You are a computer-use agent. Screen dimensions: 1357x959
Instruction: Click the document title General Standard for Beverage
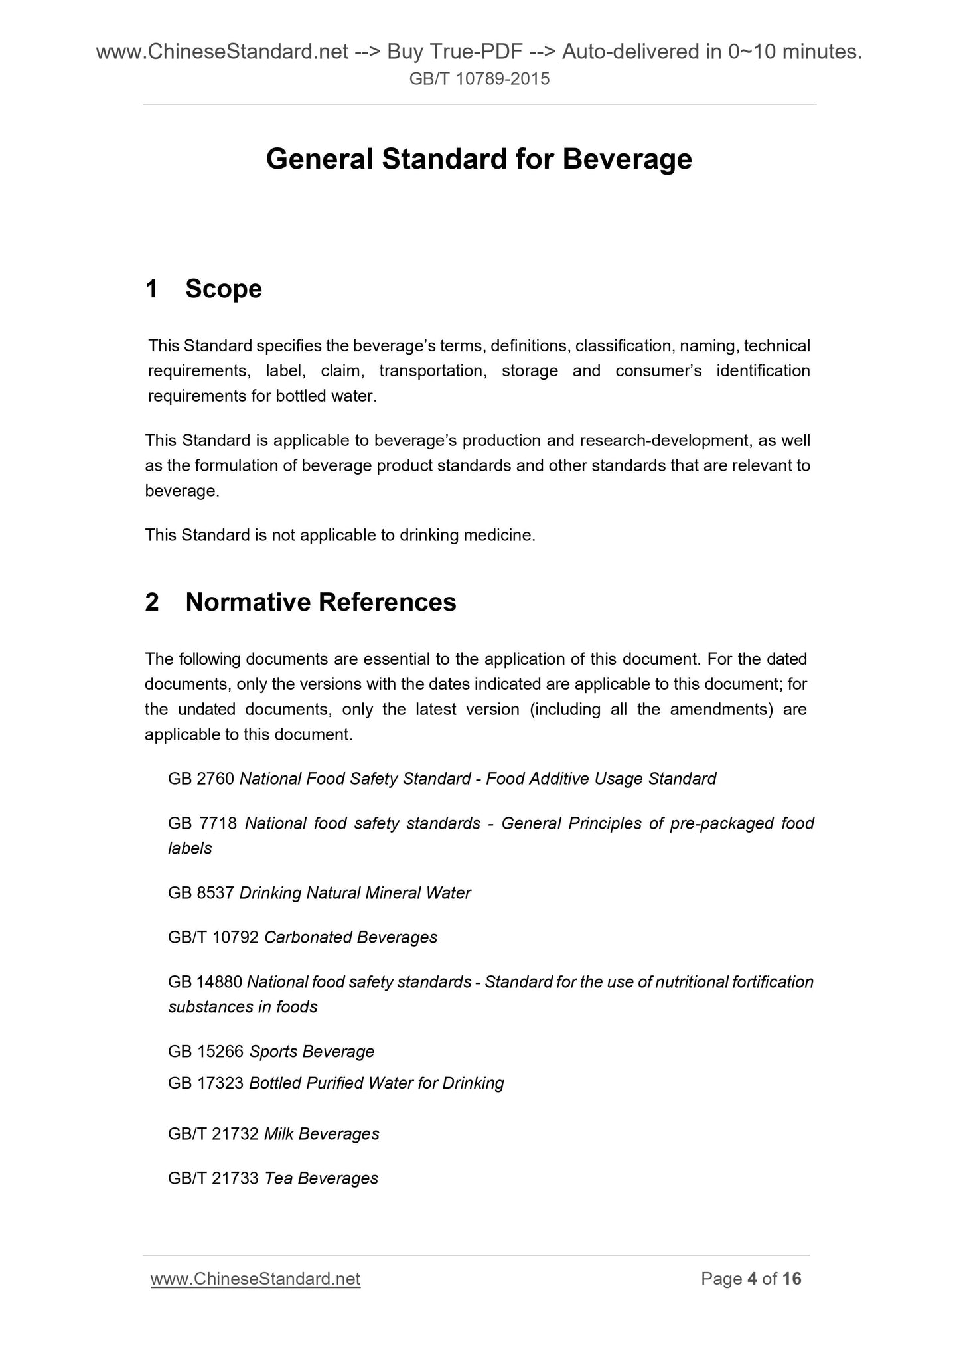point(479,159)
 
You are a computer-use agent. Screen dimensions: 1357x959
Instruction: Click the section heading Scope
point(224,289)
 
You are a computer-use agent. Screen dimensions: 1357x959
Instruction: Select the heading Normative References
point(321,602)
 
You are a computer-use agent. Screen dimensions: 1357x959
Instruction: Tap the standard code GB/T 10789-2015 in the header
point(479,80)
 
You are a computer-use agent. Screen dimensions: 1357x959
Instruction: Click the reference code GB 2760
point(201,779)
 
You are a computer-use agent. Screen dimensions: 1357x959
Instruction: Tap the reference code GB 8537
point(201,893)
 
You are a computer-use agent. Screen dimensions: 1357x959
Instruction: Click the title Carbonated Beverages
point(350,937)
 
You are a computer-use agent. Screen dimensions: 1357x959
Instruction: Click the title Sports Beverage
point(312,1052)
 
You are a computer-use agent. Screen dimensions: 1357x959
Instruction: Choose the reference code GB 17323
point(206,1083)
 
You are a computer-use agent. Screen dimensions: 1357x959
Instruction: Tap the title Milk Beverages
point(321,1134)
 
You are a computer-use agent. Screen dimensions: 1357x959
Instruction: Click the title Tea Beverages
point(321,1178)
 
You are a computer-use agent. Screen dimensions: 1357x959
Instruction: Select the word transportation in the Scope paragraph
point(431,371)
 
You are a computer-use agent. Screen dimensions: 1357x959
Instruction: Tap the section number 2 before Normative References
point(152,602)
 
